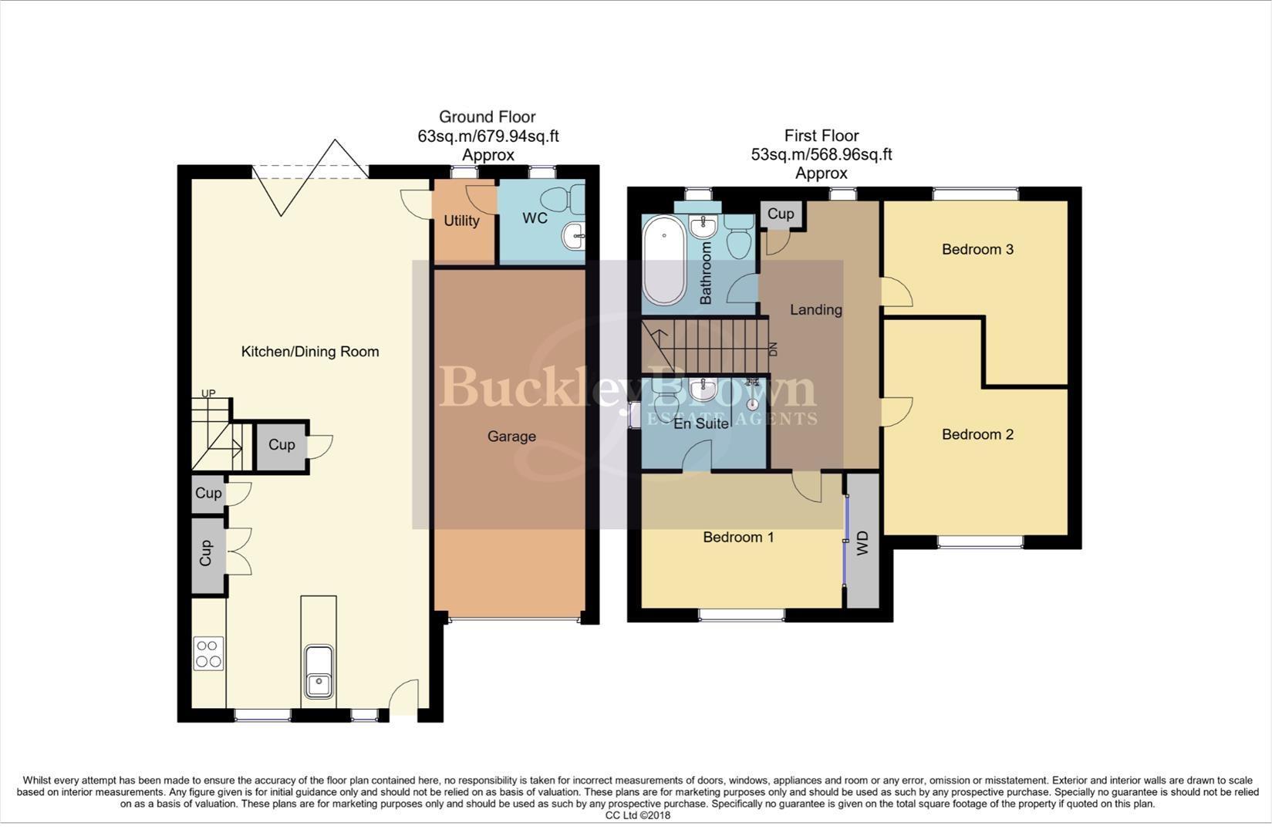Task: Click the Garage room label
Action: click(x=511, y=437)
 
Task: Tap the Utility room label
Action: click(x=461, y=221)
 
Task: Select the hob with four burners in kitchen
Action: click(x=208, y=653)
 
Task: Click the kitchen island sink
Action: click(x=318, y=671)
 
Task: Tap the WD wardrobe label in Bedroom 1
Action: click(x=863, y=542)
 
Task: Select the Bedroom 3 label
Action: click(x=977, y=249)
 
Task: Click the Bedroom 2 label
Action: click(x=977, y=434)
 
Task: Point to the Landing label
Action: click(x=815, y=310)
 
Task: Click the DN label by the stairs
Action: click(x=773, y=349)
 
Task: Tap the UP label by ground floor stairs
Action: click(x=208, y=393)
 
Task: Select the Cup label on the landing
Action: click(x=781, y=214)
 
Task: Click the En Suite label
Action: click(x=701, y=423)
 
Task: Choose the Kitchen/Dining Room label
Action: click(x=310, y=352)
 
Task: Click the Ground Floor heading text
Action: click(x=487, y=117)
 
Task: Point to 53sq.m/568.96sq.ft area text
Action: click(x=822, y=154)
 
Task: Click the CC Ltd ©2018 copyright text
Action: click(x=637, y=815)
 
